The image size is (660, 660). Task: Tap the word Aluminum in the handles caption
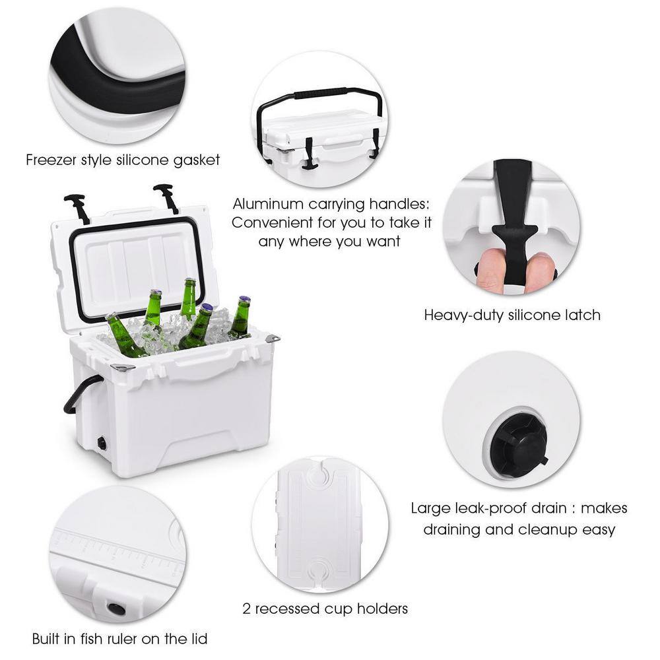tap(265, 204)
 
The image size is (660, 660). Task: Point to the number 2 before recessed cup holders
tap(246, 608)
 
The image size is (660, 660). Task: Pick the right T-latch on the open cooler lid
tap(166, 197)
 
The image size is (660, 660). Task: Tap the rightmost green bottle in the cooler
tap(240, 317)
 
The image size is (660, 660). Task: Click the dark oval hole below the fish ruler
tap(116, 608)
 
